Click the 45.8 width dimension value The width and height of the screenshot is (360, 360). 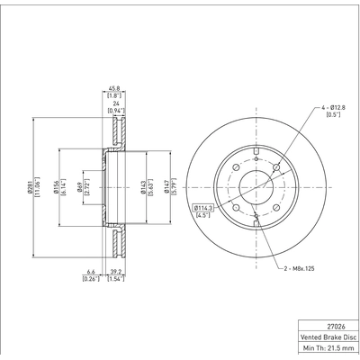(x=113, y=88)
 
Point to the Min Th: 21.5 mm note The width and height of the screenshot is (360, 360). (x=328, y=353)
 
